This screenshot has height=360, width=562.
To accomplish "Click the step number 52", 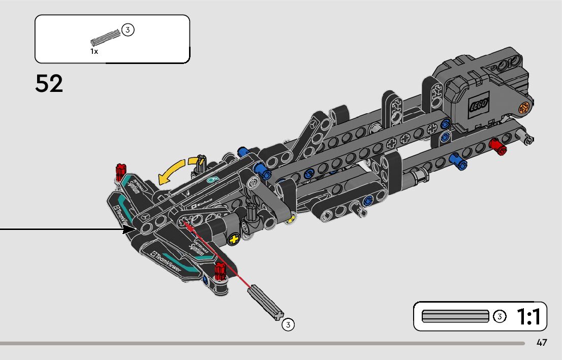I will point(49,84).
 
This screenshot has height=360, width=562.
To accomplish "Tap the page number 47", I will point(542,343).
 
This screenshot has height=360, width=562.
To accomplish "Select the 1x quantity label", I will point(95,51).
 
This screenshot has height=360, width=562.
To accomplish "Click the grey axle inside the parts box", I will point(106,37).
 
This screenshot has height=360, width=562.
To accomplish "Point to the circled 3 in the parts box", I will point(128,30).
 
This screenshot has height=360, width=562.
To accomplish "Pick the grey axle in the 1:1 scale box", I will point(455,316).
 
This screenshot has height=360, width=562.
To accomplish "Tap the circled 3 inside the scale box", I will point(499,316).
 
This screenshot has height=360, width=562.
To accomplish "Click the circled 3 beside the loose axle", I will point(288,324).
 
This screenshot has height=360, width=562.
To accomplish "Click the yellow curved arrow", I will point(175,171).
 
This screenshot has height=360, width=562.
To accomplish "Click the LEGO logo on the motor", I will point(478,106).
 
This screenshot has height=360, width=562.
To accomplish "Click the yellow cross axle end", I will point(234,239).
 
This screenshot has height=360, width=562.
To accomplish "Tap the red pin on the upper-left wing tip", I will point(121,171).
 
